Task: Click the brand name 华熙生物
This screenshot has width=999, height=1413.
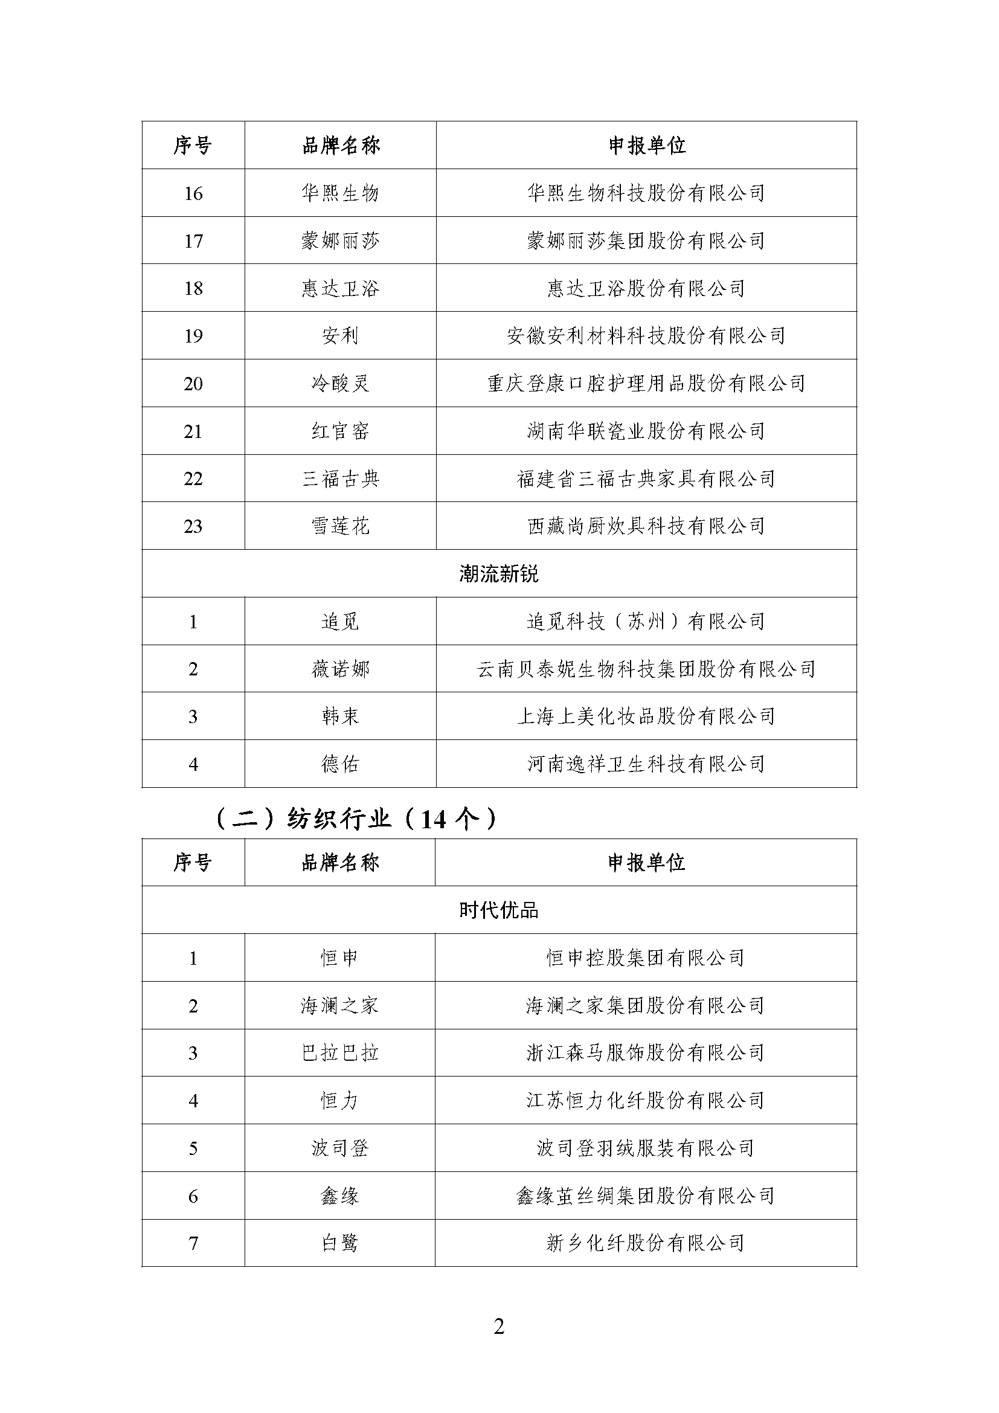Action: [340, 193]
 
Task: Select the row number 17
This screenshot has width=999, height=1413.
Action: [193, 240]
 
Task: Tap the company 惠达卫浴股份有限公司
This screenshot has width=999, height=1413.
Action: [646, 288]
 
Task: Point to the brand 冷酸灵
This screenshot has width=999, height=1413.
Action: [340, 384]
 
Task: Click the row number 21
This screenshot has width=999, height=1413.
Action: [193, 431]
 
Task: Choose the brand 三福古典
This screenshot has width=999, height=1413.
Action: [340, 479]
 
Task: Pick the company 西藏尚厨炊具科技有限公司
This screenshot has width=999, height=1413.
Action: [646, 526]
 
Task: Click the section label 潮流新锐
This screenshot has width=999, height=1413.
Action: [499, 573]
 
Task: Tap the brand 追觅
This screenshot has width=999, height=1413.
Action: [340, 622]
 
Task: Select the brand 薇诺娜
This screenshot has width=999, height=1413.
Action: [340, 669]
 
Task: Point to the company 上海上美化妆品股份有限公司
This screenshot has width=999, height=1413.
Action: [646, 716]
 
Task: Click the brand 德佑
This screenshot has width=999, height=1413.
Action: [340, 764]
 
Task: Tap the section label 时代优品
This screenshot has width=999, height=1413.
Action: [499, 910]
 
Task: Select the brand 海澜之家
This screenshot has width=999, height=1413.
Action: [339, 1006]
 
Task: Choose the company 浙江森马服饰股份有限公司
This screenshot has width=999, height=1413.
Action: [645, 1053]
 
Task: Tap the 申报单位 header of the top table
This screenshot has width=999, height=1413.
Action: [646, 146]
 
